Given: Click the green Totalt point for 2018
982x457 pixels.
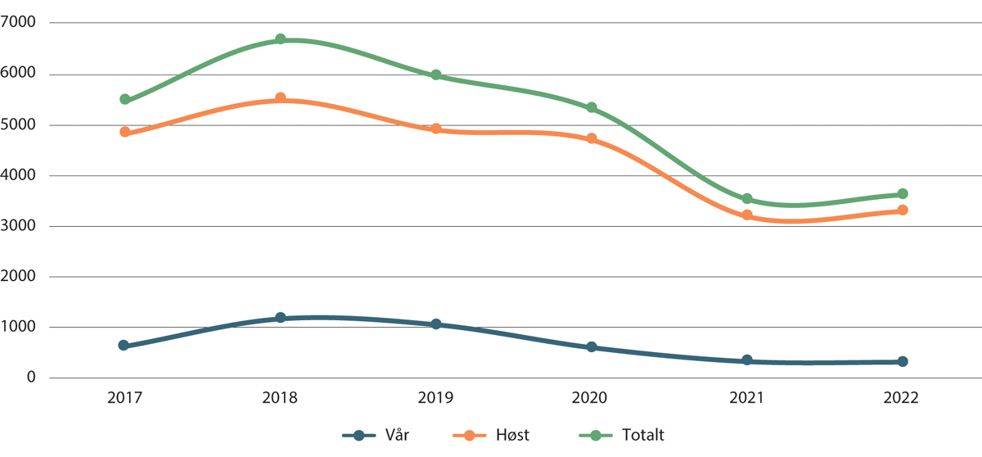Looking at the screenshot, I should pos(280,39).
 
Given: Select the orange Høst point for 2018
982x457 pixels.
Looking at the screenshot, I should pos(280,98).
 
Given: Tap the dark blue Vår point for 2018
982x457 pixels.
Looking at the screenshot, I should pos(280,318).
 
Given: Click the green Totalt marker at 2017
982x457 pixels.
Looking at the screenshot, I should pos(125,99).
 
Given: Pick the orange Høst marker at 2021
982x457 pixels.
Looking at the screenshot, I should pos(747,215).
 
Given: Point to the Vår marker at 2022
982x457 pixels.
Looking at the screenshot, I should pos(903,361).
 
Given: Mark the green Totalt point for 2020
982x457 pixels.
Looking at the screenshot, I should pos(592,108).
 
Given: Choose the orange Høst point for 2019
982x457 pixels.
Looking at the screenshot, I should pos(436,129).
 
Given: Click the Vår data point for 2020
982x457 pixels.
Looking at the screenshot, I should pos(592,347).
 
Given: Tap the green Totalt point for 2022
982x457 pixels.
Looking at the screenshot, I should pos(903,194).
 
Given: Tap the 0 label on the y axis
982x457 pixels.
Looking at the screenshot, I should pos(30,378).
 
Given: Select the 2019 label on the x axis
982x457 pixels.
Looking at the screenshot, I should pos(436,399).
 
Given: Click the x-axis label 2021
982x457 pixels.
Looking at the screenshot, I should pos(747,399).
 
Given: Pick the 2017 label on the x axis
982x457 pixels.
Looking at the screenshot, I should pos(125,399).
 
